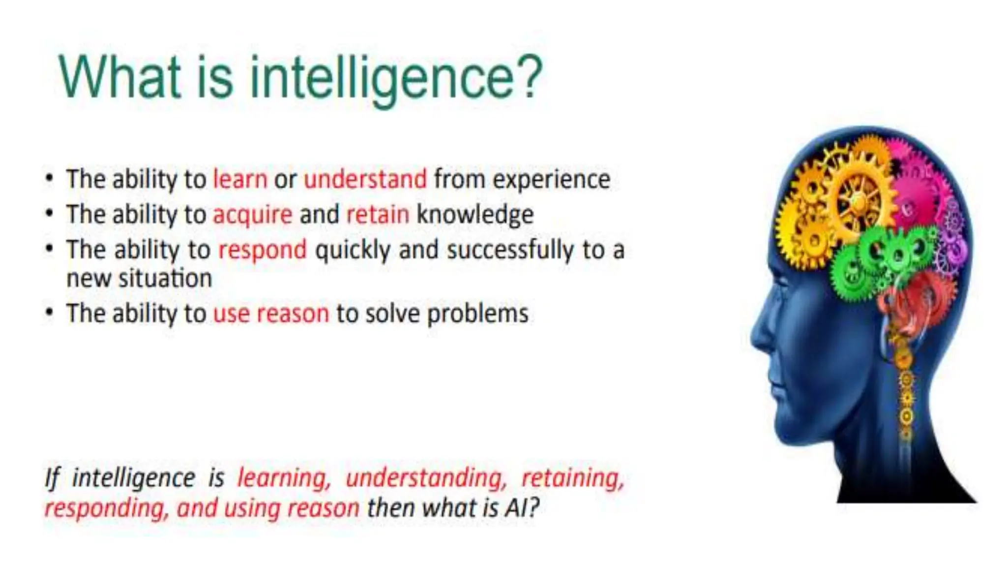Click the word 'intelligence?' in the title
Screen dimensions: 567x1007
tap(396, 79)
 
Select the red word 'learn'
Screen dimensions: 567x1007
tap(240, 179)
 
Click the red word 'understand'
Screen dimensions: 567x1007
tap(365, 179)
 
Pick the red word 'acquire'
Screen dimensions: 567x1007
tap(252, 215)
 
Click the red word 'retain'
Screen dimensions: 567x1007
tap(378, 215)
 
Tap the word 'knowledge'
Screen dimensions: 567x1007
tap(475, 215)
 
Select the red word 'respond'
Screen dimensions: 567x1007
tap(262, 251)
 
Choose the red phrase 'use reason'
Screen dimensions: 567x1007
tap(271, 314)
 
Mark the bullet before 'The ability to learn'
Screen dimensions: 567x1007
tap(49, 178)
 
